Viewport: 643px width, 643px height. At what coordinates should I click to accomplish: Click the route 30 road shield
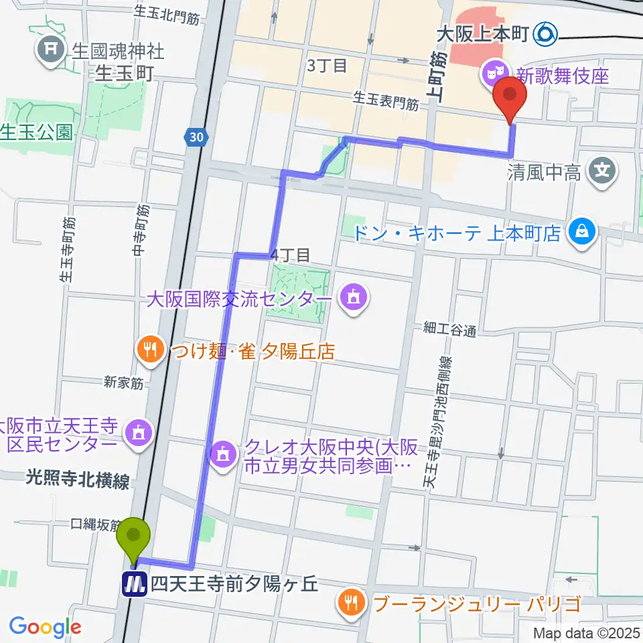coord(194,137)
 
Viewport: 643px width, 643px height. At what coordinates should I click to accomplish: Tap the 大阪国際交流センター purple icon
coord(351,295)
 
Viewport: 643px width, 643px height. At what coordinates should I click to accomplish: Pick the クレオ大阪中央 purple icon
coord(221,453)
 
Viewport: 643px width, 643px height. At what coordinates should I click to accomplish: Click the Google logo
coord(45,627)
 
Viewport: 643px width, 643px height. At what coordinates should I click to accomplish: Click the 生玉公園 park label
coord(37,132)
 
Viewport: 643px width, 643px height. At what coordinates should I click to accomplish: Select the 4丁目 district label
coord(290,255)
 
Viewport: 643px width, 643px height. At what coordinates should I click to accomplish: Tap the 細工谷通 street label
coord(449,328)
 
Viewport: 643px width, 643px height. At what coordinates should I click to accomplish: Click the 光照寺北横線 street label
coord(78,480)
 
